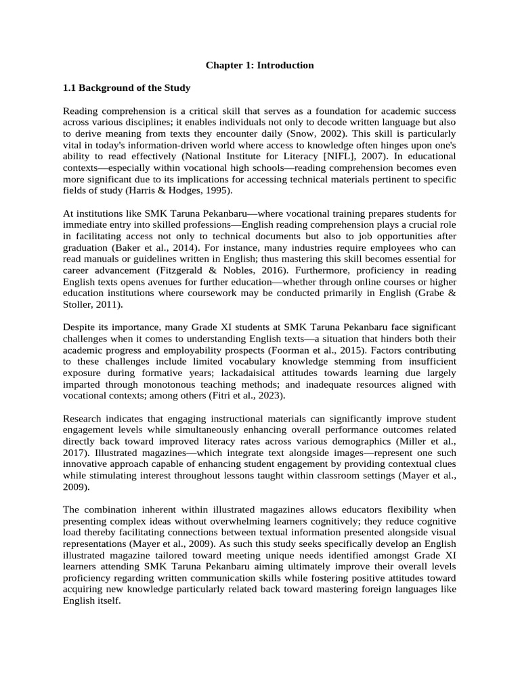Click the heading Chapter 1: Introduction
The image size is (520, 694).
[260, 66]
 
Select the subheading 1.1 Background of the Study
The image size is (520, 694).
[127, 88]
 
